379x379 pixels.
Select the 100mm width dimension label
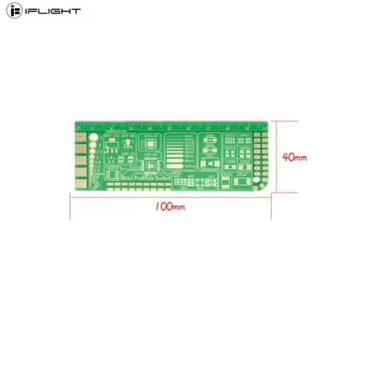click(x=170, y=207)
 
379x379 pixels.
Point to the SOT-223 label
click(x=112, y=136)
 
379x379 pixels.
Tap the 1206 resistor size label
click(x=230, y=162)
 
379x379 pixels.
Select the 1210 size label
click(x=244, y=162)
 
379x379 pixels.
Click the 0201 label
click(x=230, y=135)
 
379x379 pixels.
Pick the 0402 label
click(x=244, y=135)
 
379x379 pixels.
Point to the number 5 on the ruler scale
click(x=169, y=128)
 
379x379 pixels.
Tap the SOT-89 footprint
click(x=126, y=144)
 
